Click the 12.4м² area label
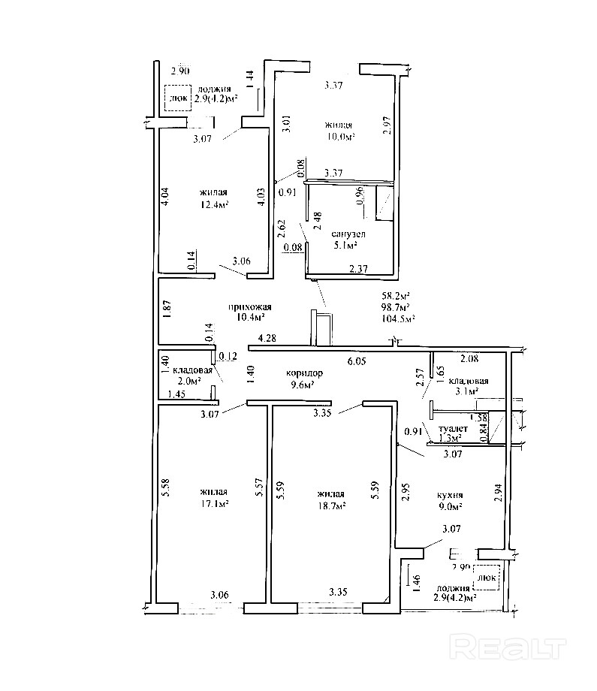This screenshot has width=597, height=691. (214, 204)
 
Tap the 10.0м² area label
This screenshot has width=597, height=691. (339, 137)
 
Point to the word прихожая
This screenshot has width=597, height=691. (249, 306)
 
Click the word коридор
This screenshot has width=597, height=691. (305, 373)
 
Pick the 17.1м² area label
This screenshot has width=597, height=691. (214, 504)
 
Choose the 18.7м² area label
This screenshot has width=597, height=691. (331, 507)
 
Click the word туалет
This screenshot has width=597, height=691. (454, 428)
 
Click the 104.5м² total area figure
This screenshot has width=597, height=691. (398, 318)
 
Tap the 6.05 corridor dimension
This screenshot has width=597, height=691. (356, 361)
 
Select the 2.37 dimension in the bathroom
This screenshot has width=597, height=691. (357, 268)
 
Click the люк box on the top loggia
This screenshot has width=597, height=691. (178, 98)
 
